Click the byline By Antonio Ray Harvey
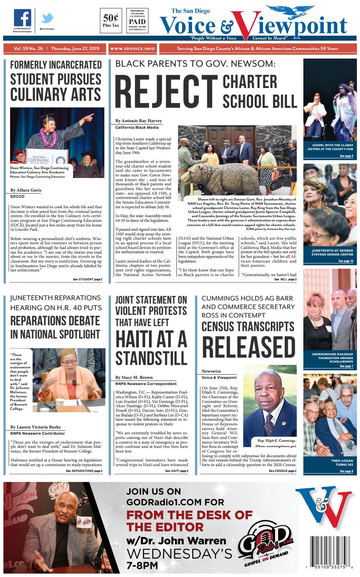[x=138, y=121]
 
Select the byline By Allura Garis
[x=26, y=190]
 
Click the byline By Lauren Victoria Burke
[x=35, y=427]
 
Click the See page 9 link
[x=346, y=156]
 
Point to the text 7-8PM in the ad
[x=142, y=565]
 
